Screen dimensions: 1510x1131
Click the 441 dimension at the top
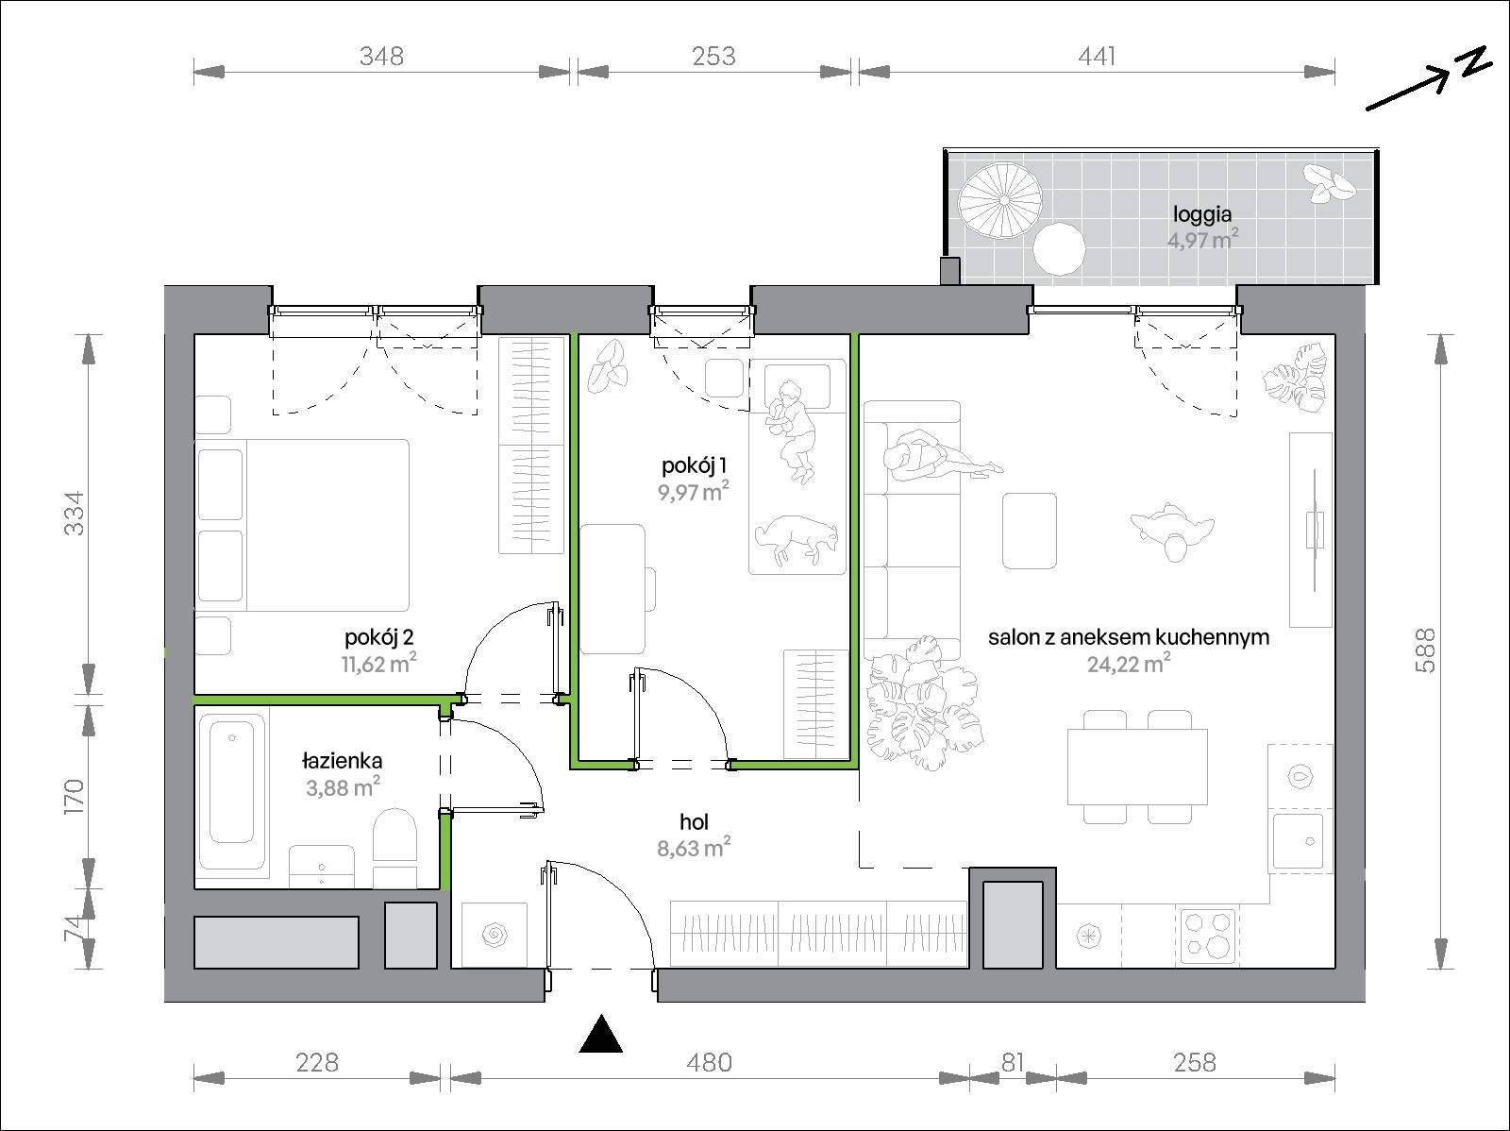coord(1097,56)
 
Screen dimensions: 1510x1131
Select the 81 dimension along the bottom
coord(1013,1063)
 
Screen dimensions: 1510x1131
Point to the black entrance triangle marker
coord(600,1034)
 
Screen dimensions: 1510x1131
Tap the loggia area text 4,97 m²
coord(1202,240)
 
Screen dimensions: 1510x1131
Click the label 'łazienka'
coord(342,761)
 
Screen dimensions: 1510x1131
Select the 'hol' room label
coord(694,821)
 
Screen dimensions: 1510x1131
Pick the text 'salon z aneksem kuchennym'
coord(1129,637)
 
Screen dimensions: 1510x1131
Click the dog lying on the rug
coord(797,541)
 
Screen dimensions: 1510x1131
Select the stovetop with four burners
coord(1208,936)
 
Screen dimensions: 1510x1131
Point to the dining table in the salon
coord(1137,767)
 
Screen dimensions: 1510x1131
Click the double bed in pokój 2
coord(303,525)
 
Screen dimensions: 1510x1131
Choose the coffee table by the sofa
coord(1029,531)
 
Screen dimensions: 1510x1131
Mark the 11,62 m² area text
coord(379,664)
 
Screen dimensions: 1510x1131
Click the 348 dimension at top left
coord(381,56)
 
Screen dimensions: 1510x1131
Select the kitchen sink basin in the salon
coord(1298,840)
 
